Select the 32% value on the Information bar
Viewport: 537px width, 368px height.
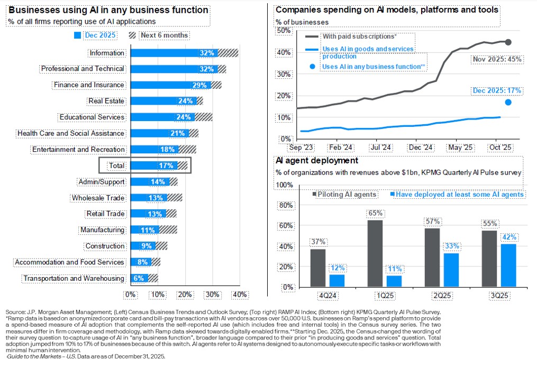point(207,53)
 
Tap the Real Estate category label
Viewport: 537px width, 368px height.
point(106,101)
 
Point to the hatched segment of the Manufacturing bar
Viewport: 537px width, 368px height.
point(168,230)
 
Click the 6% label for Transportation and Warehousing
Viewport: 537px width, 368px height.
point(139,279)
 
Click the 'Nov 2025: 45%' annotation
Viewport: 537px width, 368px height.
point(497,59)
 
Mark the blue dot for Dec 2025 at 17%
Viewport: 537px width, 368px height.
point(508,102)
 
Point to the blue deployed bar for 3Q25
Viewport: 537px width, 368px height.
point(508,265)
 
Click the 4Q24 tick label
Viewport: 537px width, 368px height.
point(325,294)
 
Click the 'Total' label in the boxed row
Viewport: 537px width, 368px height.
point(116,165)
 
